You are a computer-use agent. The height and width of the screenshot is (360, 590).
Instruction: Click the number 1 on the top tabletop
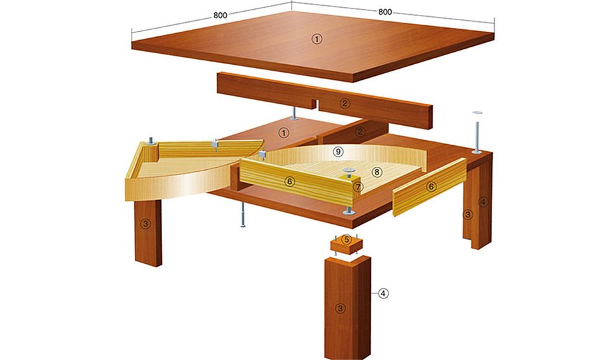pyautogui.click(x=316, y=39)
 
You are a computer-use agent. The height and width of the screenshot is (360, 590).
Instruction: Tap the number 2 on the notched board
pyautogui.click(x=345, y=102)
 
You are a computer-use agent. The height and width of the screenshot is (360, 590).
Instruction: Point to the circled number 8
pyautogui.click(x=376, y=173)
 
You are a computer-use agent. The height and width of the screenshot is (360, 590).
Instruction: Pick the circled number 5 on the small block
pyautogui.click(x=347, y=240)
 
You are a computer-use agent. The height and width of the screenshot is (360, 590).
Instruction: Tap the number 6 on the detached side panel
pyautogui.click(x=431, y=187)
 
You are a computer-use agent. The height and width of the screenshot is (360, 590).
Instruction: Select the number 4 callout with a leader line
pyautogui.click(x=383, y=294)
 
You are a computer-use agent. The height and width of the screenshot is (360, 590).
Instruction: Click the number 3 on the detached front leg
pyautogui.click(x=338, y=308)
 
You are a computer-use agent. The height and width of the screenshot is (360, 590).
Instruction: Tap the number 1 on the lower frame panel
pyautogui.click(x=283, y=132)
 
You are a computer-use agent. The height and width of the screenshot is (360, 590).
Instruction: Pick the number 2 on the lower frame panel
pyautogui.click(x=361, y=132)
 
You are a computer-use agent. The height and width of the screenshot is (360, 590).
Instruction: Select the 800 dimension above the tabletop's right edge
pyautogui.click(x=384, y=11)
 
